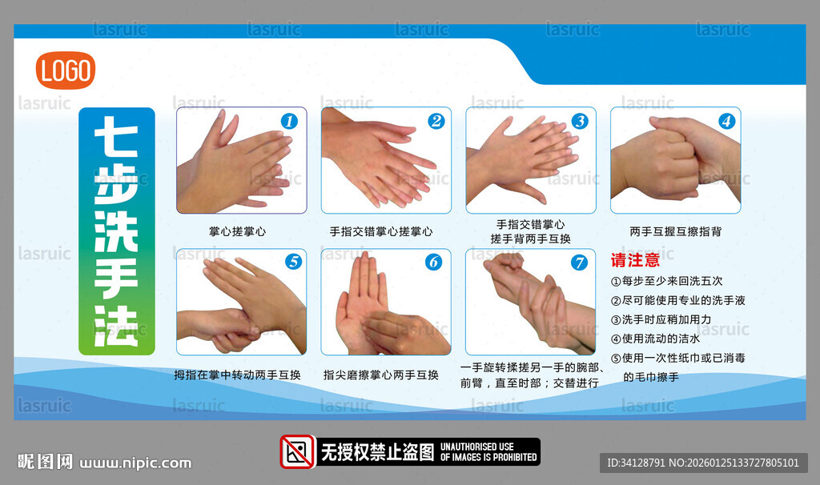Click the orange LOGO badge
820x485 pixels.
point(66,70)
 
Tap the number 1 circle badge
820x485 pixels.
point(289,122)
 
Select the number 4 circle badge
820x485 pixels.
point(726,122)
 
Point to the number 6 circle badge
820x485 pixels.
point(433,262)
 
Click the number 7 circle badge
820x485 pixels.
point(579,263)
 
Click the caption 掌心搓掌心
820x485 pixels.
point(237,231)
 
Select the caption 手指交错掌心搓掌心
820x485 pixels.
point(381,231)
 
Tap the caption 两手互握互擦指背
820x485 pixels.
point(676,231)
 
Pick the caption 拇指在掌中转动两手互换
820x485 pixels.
point(237,375)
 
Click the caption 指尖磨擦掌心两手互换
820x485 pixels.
point(380,375)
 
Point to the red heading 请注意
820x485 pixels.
point(635,260)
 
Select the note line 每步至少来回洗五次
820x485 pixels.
point(667,281)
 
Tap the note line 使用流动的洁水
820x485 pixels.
point(655,339)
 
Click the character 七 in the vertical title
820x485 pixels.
point(116,136)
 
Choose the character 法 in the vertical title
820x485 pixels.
point(116,326)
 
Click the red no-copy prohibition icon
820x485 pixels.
point(298,451)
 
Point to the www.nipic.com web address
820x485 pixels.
point(135,463)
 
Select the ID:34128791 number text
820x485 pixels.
point(636,463)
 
